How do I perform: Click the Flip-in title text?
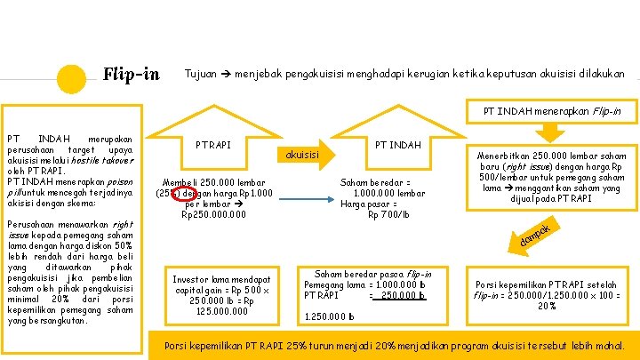click(132, 73)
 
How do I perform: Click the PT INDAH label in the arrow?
click(397, 144)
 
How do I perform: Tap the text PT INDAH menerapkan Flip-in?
click(552, 111)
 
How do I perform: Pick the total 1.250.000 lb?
click(329, 316)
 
